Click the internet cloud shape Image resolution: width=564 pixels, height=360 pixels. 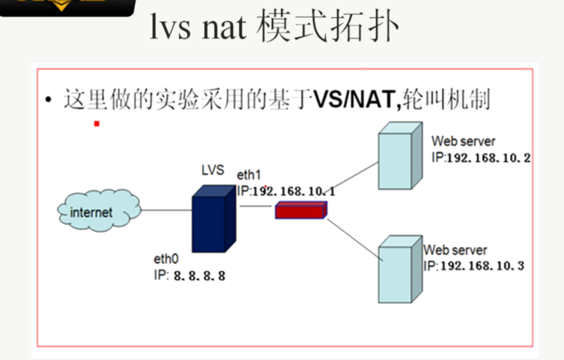click(97, 211)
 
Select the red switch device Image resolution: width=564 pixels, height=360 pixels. click(300, 210)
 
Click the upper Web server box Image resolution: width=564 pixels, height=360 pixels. click(398, 160)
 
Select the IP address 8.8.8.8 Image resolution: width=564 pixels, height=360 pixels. click(198, 275)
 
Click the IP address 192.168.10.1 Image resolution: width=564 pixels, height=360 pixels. click(294, 192)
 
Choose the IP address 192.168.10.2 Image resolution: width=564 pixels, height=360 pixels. click(488, 158)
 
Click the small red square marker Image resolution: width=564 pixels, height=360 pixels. click(97, 123)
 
